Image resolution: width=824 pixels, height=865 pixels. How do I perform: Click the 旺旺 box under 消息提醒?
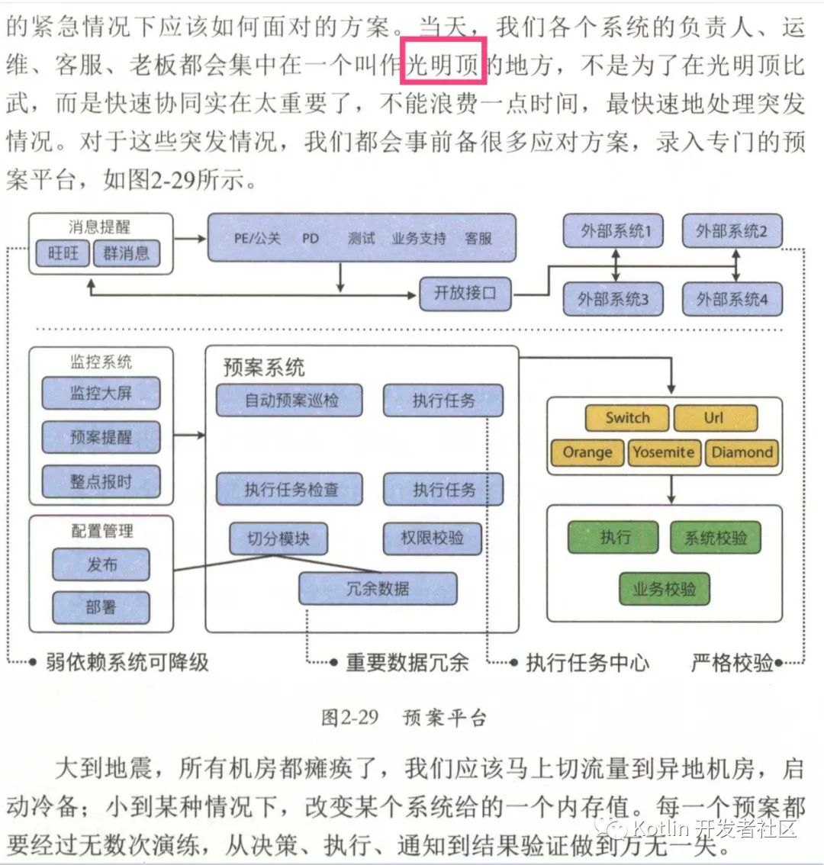[x=63, y=253]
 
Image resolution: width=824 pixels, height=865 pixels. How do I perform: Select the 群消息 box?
[x=127, y=253]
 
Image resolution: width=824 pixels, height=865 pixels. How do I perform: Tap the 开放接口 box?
[x=465, y=293]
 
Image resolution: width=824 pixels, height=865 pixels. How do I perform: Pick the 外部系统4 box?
[x=732, y=299]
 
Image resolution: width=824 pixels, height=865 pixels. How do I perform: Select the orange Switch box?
[x=627, y=417]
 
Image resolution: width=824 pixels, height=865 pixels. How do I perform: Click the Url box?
[x=715, y=417]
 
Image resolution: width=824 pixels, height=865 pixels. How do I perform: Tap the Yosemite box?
[x=663, y=452]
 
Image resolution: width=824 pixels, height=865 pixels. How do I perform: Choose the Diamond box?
[x=742, y=452]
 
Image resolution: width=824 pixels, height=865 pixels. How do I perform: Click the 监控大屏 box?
[x=101, y=393]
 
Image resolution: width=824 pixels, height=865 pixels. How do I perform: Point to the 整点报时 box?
[x=101, y=482]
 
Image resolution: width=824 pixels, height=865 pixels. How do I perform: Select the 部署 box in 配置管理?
[x=101, y=607]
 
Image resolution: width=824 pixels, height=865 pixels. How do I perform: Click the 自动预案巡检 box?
[x=289, y=400]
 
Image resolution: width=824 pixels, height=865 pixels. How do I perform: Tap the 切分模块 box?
[x=278, y=539]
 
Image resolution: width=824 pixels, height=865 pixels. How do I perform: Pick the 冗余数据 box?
[x=378, y=589]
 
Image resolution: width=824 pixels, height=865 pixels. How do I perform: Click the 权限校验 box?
[x=433, y=538]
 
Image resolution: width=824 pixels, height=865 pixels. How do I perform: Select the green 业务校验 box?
[x=664, y=589]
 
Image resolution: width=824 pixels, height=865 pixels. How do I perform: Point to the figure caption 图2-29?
[x=349, y=717]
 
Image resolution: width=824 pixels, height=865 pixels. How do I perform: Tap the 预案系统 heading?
[x=264, y=368]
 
